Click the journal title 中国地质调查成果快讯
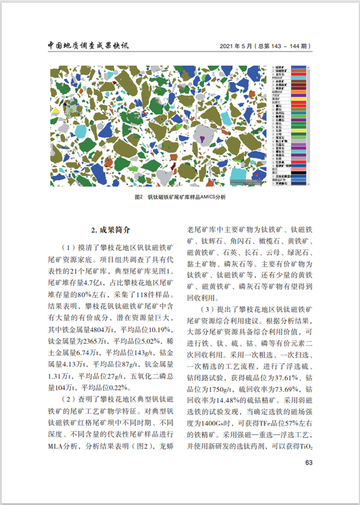88,46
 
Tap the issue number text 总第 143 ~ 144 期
283,46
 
